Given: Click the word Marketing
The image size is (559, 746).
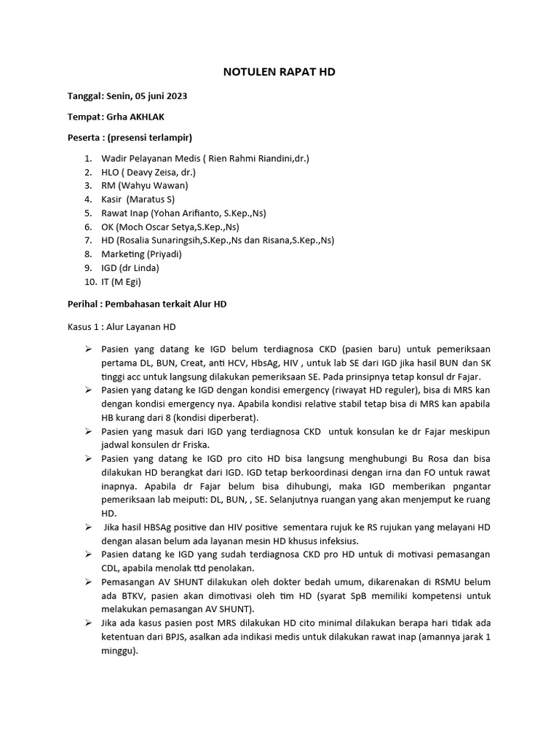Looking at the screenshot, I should [x=122, y=254].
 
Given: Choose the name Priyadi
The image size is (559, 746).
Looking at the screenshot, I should [x=164, y=254].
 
